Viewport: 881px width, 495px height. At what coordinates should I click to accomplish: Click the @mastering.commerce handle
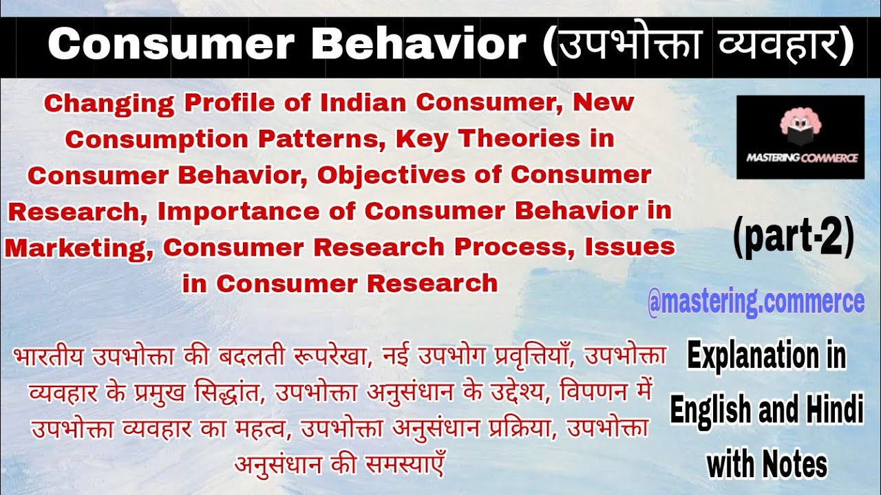[756, 302]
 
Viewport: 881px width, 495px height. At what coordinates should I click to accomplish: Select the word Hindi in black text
[829, 412]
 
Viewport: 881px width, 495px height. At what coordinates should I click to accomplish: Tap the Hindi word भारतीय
[51, 358]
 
